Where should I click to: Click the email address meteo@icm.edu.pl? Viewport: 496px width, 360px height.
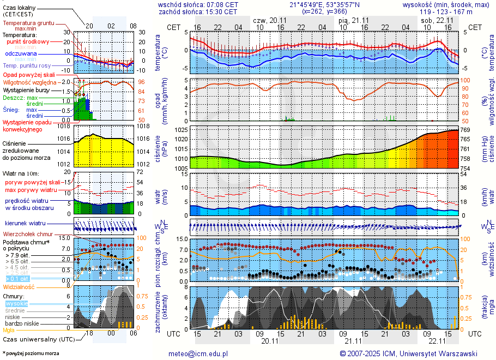201,353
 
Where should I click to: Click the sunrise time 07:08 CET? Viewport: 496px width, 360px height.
221,4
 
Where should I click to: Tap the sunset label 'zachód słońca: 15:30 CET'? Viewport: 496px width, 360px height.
197,11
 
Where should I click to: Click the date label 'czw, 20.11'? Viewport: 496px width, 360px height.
270,20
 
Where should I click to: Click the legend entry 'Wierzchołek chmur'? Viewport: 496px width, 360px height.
30,235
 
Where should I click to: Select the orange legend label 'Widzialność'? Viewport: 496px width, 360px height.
19,286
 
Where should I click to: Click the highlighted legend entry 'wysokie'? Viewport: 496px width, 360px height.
16,303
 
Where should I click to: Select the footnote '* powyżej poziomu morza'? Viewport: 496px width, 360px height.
31,353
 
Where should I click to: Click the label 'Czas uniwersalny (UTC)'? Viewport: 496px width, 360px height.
39,339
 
